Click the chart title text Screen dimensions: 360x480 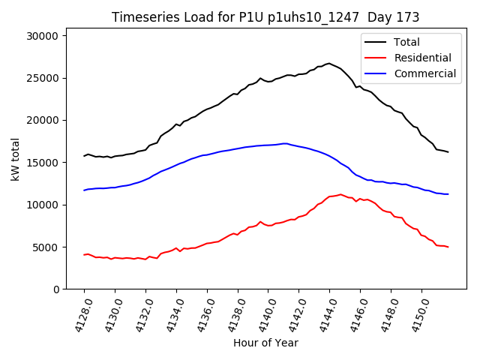point(265,17)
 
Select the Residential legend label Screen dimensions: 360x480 point(422,58)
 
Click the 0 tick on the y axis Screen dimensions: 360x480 point(65,289)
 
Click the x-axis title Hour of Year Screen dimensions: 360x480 point(265,343)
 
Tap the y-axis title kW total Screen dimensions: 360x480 point(15,163)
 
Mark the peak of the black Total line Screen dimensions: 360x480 point(328,63)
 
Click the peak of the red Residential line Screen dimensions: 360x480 point(340,194)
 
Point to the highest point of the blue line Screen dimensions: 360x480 point(285,143)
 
